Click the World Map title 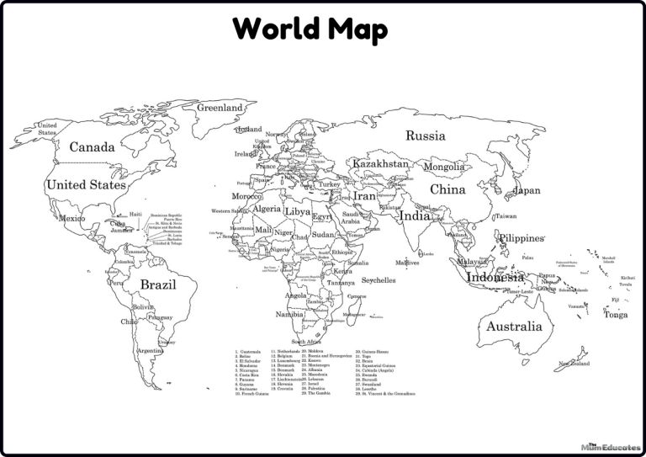310,29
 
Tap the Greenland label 220,109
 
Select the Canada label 92,147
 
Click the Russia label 426,136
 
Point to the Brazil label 158,285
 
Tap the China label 447,190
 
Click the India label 414,215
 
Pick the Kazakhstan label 380,163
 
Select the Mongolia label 443,167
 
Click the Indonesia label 495,277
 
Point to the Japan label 527,191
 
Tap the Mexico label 71,219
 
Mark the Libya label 298,211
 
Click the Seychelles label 379,280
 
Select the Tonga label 615,315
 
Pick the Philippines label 522,238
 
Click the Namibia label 289,314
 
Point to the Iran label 364,196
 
